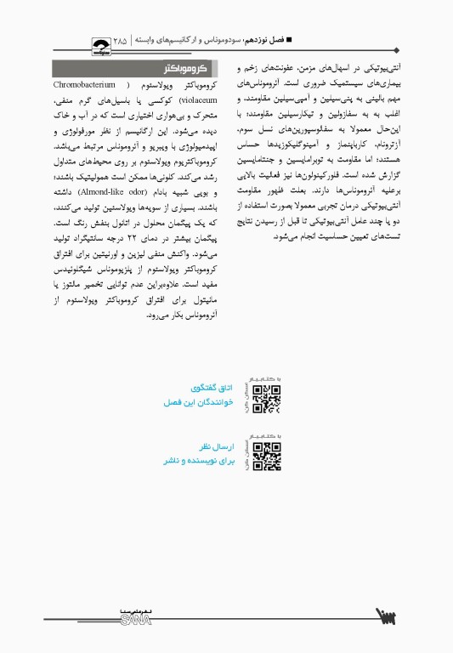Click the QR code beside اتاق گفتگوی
tap(267, 398)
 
